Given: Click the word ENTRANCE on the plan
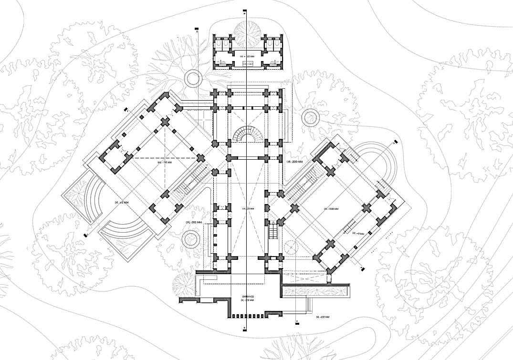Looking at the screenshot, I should tap(248, 297).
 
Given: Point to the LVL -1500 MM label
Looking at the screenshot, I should tap(330, 209).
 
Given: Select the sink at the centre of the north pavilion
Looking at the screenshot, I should tap(248, 62).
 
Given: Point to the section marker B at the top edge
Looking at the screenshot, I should tap(245, 10).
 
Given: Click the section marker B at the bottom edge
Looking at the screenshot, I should tap(245, 328).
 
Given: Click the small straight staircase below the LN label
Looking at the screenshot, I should tap(273, 232).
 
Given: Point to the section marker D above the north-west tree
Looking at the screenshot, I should tap(197, 30).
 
